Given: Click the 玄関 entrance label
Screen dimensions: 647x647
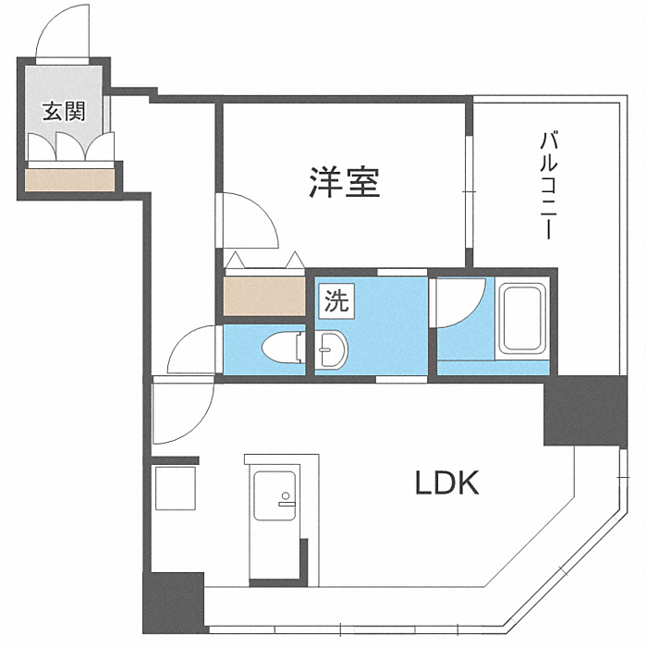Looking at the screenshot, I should [x=64, y=112].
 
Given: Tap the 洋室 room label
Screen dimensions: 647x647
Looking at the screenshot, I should [x=345, y=182].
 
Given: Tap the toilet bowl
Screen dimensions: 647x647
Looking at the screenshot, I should [x=281, y=348].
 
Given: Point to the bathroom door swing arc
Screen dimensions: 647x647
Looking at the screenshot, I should [x=460, y=305].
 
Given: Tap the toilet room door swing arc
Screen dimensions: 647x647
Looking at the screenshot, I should [x=192, y=351].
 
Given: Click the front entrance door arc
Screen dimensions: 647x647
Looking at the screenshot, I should [x=63, y=32].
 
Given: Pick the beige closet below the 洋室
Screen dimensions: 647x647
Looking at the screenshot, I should [x=263, y=295].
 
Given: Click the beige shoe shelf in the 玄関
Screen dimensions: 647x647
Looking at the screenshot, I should [x=69, y=177].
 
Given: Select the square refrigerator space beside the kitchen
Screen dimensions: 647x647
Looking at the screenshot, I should [x=176, y=487].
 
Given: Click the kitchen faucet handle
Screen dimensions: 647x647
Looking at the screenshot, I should [x=286, y=505].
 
